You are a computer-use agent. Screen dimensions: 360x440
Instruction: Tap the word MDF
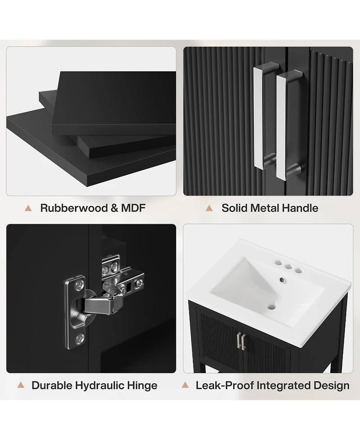point(133,208)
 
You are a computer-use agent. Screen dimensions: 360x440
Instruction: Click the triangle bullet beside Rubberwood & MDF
point(28,208)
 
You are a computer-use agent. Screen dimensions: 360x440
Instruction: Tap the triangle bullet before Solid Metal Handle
point(209,208)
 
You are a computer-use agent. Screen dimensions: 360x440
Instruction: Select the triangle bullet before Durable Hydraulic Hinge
point(20,385)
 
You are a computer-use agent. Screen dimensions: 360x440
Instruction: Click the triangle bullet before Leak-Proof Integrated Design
point(185,385)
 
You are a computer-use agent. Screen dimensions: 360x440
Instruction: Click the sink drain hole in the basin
point(271,307)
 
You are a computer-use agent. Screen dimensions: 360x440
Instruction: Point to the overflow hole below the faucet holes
point(282,280)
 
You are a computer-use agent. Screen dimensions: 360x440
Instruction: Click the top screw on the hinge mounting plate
point(80,285)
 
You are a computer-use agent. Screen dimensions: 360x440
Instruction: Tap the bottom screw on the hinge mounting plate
point(80,338)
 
